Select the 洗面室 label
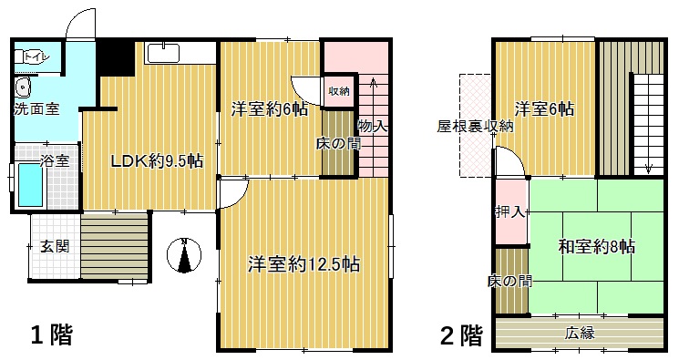point(36,109)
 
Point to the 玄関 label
point(54,246)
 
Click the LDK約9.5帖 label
point(156,162)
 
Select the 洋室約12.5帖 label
point(304,265)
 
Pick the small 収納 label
point(339,91)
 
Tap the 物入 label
point(372,126)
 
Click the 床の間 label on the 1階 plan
point(338,143)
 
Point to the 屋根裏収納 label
point(475,126)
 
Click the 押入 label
point(510,212)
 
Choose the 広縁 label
point(580,333)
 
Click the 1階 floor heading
point(53,334)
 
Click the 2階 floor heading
point(460,335)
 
